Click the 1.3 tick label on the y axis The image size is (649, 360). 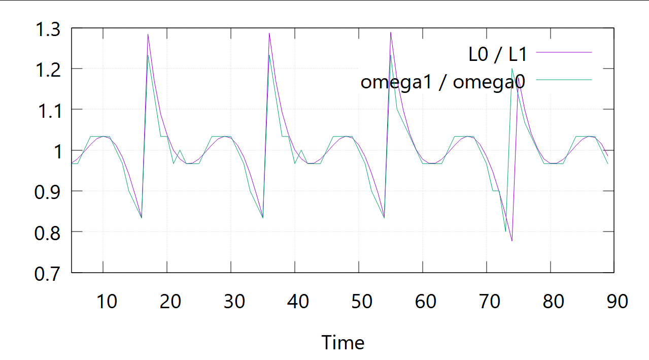pyautogui.click(x=47, y=29)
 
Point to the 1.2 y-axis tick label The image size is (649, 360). pyautogui.click(x=47, y=70)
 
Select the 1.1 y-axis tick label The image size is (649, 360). pyautogui.click(x=47, y=110)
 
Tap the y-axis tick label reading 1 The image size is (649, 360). pyautogui.click(x=57, y=151)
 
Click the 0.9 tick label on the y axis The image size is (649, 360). pyautogui.click(x=47, y=191)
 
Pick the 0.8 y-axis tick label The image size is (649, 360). pyautogui.click(x=47, y=232)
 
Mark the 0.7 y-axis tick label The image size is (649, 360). pyautogui.click(x=47, y=273)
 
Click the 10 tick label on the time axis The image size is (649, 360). pyautogui.click(x=107, y=302)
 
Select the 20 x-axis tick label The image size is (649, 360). pyautogui.click(x=170, y=302)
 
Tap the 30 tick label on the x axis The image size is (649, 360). pyautogui.click(x=234, y=302)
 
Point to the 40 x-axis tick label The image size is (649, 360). pyautogui.click(x=298, y=302)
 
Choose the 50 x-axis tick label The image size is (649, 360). pyautogui.click(x=362, y=302)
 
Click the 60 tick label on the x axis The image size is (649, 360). pyautogui.click(x=426, y=302)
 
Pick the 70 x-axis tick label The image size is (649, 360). pyautogui.click(x=490, y=302)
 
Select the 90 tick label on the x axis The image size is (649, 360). pyautogui.click(x=617, y=302)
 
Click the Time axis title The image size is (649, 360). pyautogui.click(x=343, y=343)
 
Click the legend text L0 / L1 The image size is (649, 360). pyautogui.click(x=498, y=54)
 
